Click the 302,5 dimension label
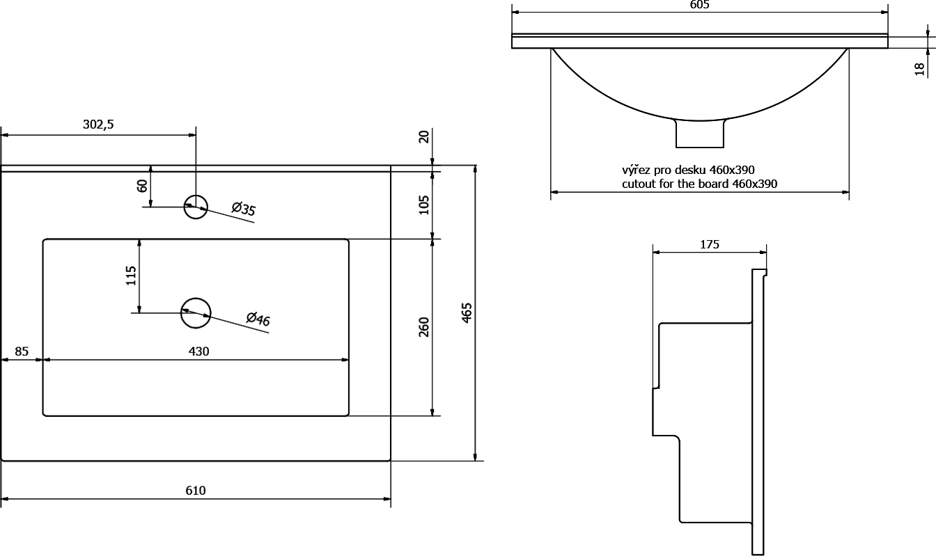coord(98,125)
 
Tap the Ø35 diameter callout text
coord(243,209)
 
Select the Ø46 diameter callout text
coord(258,319)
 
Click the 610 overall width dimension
coord(196,491)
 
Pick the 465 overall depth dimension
coord(467,312)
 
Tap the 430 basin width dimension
coord(199,351)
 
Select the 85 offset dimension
coord(22,351)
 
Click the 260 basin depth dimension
coord(423,327)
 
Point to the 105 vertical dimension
coord(423,205)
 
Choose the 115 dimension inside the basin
coord(131,276)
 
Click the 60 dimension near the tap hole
coord(142,186)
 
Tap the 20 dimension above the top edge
coord(423,136)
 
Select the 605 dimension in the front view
coord(699,5)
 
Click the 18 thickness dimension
coord(920,69)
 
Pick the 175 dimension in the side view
coord(710,244)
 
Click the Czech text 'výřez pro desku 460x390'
coord(688,170)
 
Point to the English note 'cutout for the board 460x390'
coord(699,184)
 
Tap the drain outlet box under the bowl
coord(700,134)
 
